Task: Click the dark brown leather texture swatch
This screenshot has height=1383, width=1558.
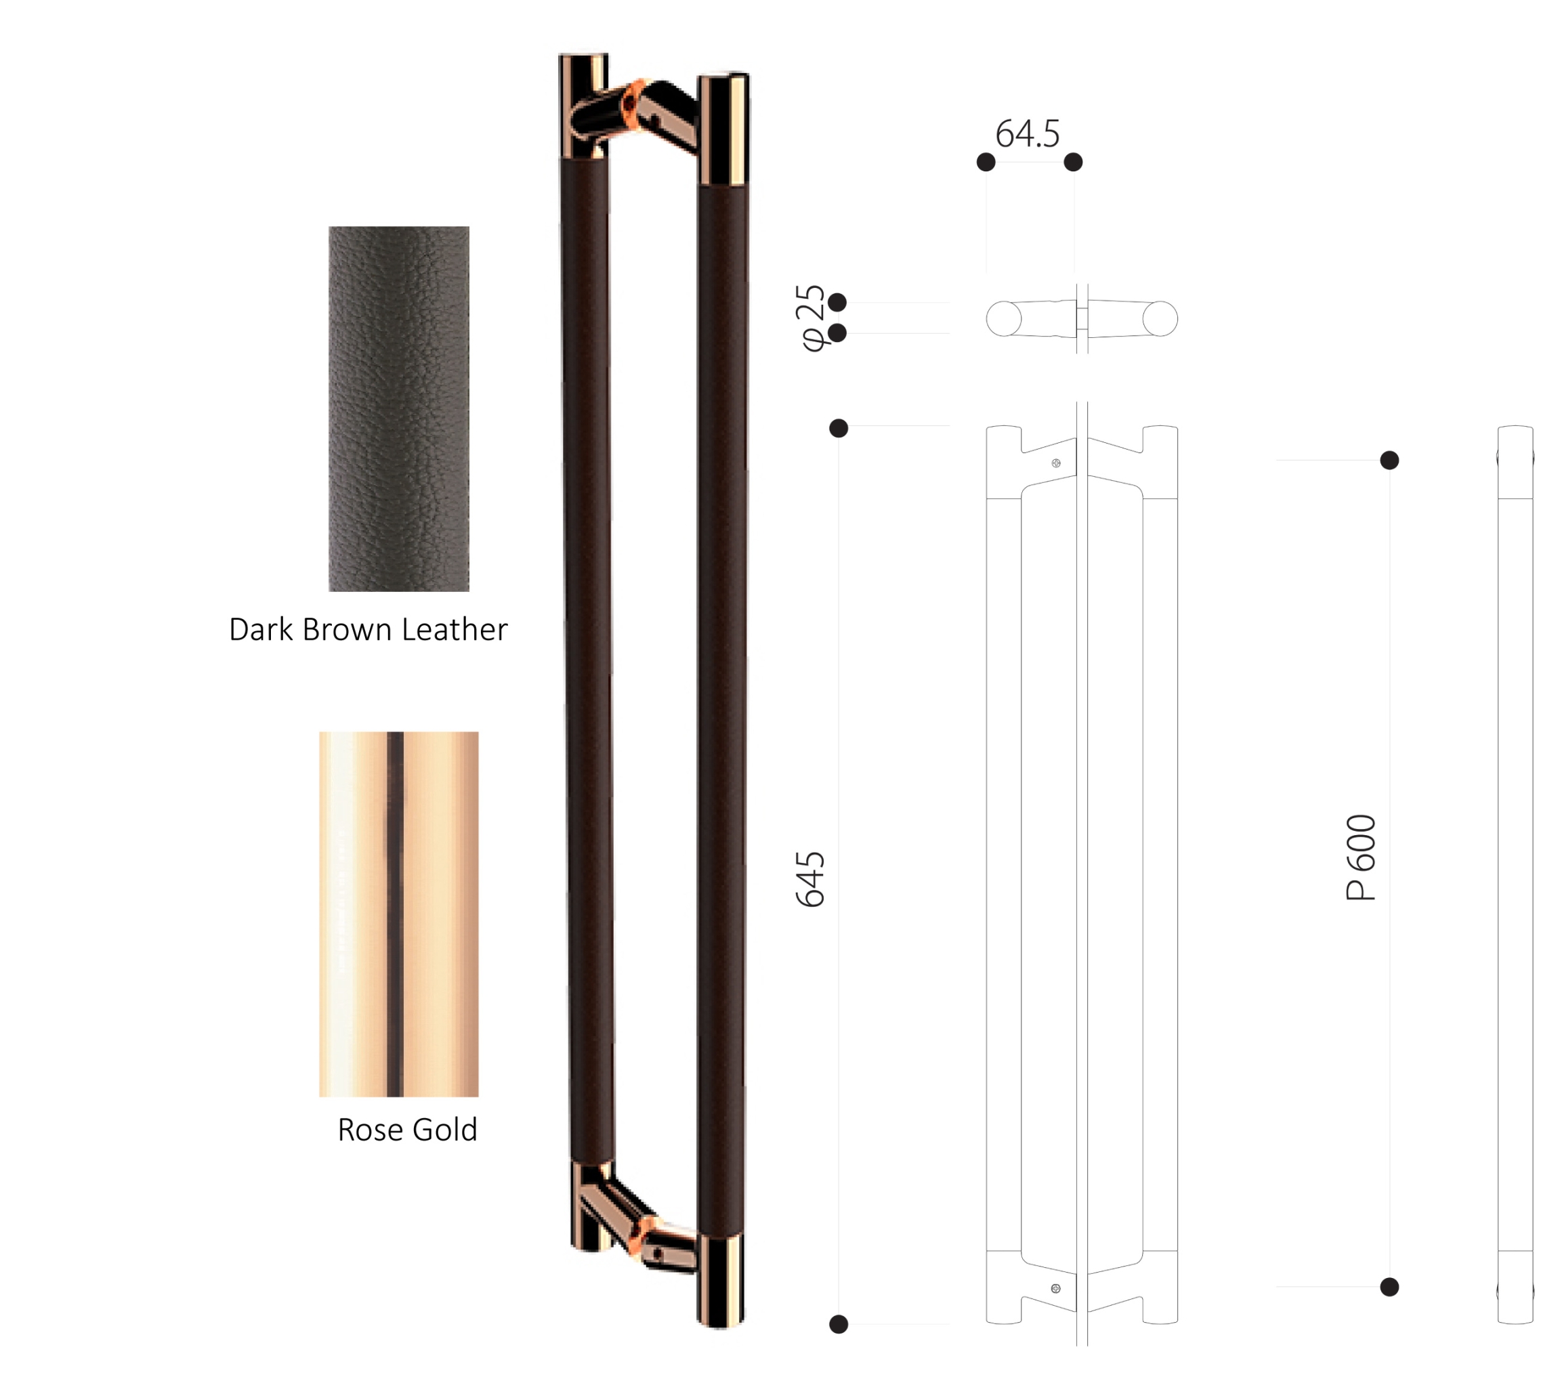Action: click(399, 408)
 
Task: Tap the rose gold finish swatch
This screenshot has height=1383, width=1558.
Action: click(399, 914)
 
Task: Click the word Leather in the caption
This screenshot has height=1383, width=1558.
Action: click(455, 629)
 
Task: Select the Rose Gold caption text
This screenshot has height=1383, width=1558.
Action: click(408, 1129)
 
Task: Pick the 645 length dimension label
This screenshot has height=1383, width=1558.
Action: click(810, 879)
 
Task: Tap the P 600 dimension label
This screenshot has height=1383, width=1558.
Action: click(1362, 857)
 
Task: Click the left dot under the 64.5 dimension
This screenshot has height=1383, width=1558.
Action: click(986, 162)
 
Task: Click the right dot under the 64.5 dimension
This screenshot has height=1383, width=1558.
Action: click(1073, 162)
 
